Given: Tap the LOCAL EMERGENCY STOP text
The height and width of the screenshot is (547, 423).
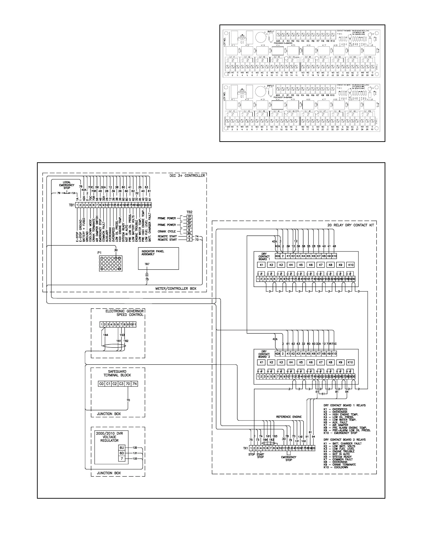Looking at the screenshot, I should point(67,185).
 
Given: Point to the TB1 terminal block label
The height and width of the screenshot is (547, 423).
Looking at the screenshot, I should point(72,205).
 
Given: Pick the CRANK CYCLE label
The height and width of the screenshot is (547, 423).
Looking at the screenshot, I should point(167,231).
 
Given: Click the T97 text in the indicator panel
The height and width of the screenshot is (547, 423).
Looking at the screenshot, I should point(147,264).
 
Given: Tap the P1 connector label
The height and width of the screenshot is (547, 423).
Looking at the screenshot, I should point(100,252).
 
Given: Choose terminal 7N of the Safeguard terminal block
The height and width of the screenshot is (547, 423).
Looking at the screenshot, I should point(134,384).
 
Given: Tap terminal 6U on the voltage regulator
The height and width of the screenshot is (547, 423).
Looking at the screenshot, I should point(122,447).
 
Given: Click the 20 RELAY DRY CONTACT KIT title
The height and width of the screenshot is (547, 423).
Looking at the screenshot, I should point(350,225).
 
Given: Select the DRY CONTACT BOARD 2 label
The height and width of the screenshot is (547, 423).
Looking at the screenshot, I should point(264,354).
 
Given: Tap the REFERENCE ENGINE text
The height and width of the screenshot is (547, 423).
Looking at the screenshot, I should point(289,417).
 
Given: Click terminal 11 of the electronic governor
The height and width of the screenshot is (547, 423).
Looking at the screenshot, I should point(134,325).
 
